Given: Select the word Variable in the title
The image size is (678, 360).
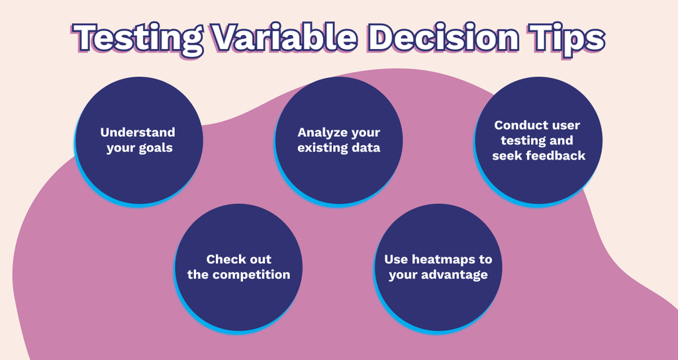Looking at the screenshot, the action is point(285,37).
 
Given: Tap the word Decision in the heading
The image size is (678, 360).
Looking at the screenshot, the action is point(443,37).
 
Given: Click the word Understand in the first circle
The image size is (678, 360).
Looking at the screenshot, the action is point(138,132).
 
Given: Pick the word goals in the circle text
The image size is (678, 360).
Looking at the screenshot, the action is point(156,148).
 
